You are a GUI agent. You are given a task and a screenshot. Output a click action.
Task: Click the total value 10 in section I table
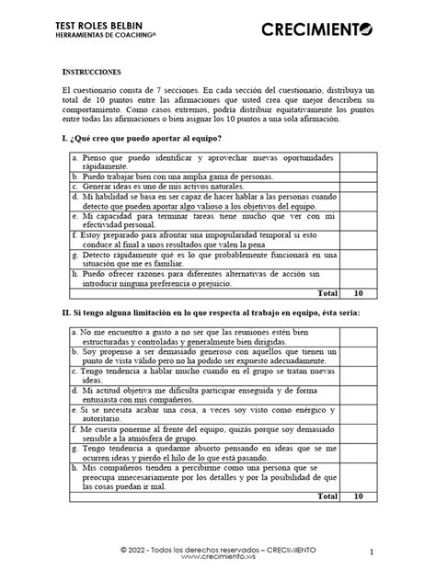[359, 293]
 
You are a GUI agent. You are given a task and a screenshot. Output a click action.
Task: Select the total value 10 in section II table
[359, 496]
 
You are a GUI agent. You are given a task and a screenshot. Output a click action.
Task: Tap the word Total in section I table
[327, 293]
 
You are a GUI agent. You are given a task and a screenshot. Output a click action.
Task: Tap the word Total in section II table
[327, 496]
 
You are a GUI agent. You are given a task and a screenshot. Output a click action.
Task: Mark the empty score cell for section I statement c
[359, 185]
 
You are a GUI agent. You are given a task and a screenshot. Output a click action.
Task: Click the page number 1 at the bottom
[371, 553]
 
